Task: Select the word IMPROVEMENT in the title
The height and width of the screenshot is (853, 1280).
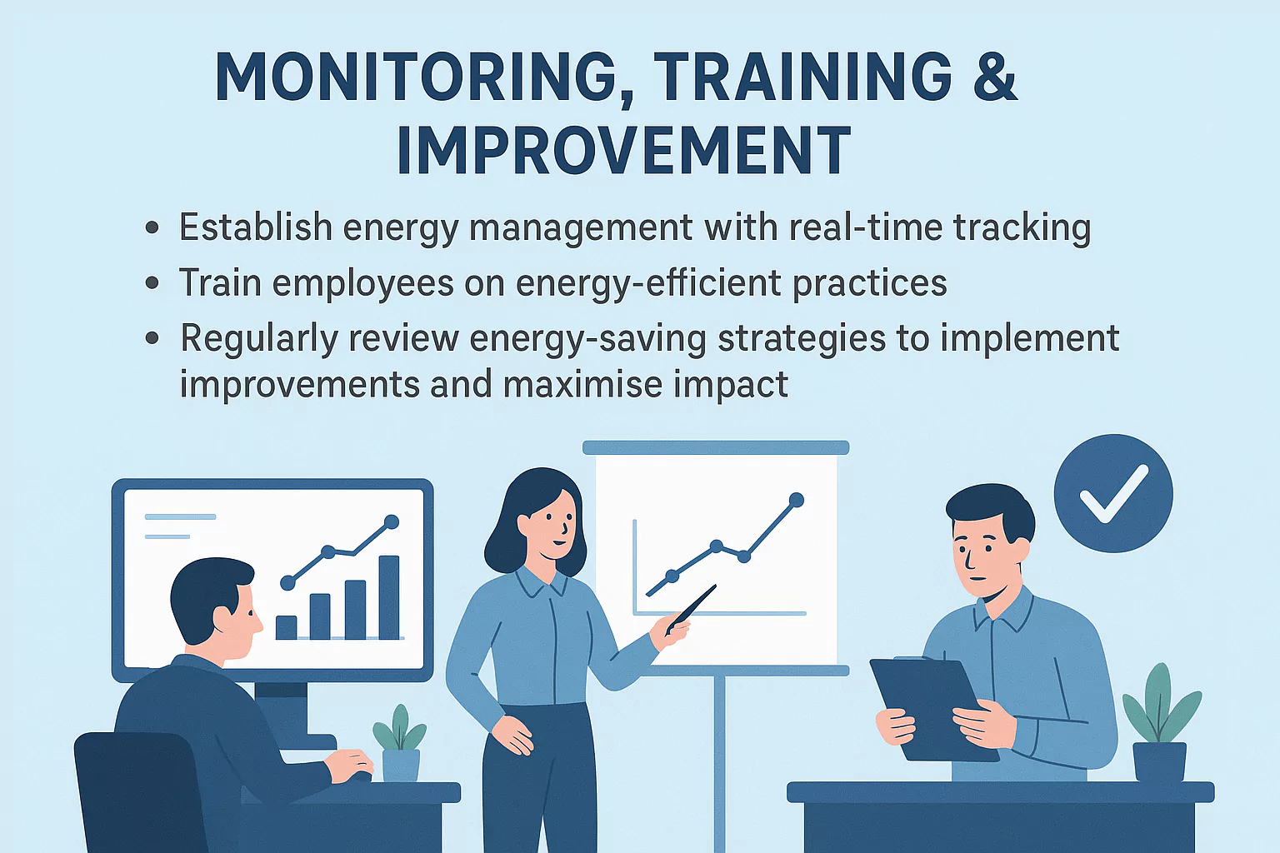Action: [623, 151]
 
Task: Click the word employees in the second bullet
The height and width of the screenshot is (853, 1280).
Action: [362, 283]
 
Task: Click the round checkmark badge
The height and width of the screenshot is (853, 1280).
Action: [1112, 493]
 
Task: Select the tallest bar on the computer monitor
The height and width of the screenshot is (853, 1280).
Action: [389, 596]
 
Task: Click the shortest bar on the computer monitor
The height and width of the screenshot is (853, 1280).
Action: [287, 627]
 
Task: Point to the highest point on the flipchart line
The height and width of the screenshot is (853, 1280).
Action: [796, 500]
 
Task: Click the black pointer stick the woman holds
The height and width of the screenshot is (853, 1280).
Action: [692, 607]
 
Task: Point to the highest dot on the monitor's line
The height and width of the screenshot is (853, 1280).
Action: [391, 522]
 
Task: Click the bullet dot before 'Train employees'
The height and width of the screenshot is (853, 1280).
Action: [152, 283]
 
